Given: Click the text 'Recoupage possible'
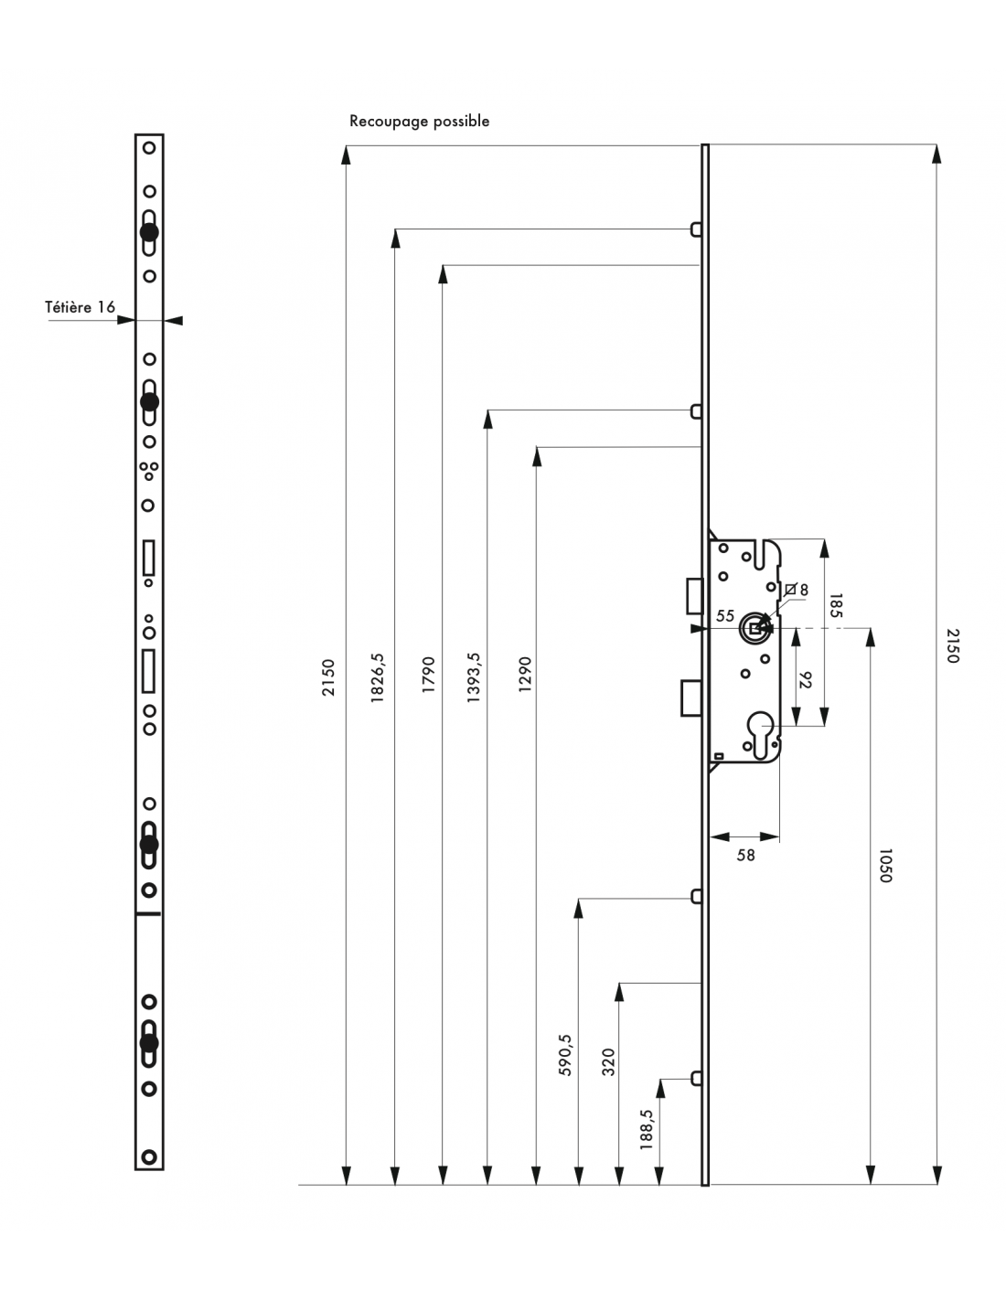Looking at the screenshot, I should point(419,122).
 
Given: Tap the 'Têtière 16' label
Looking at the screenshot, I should point(80,307).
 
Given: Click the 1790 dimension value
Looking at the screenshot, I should point(427,677).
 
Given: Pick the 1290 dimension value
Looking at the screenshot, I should point(524,677).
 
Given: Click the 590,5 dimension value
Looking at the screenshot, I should point(564,1054).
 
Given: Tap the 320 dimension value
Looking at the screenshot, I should point(608,1062).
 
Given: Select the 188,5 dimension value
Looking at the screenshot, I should point(647,1129).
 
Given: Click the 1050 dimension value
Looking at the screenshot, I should point(883,866).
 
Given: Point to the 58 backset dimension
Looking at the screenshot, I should point(745,856).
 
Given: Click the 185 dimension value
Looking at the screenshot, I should point(835,606).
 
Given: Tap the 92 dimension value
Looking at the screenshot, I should point(805,680).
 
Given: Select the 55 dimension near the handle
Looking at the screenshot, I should point(725,616).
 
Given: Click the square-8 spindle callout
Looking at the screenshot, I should point(797,591).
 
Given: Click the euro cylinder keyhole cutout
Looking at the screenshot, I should point(762,732).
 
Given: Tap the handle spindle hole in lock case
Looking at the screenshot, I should point(754,627).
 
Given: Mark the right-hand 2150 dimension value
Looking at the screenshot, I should point(952,645).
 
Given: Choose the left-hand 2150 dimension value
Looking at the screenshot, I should point(329,677).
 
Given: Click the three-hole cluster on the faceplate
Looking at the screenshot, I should point(148,470).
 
